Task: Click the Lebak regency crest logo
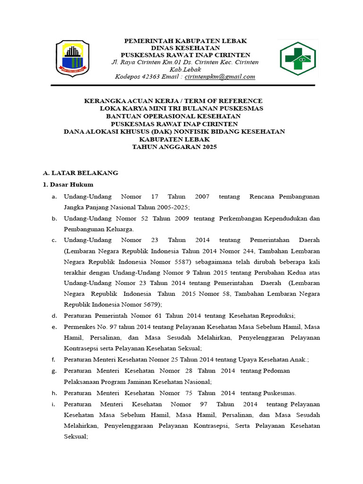[x=72, y=59]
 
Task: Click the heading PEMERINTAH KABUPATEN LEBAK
[x=185, y=41]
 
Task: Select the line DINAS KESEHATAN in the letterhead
[x=185, y=48]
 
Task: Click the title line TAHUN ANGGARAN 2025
[x=174, y=147]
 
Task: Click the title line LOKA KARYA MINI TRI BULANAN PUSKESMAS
[x=181, y=108]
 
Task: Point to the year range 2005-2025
[x=172, y=207]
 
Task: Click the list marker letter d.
[x=54, y=315]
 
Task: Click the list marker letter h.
[x=54, y=393]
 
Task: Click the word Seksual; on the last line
[x=76, y=437]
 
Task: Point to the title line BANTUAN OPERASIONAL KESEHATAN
[x=173, y=116]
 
